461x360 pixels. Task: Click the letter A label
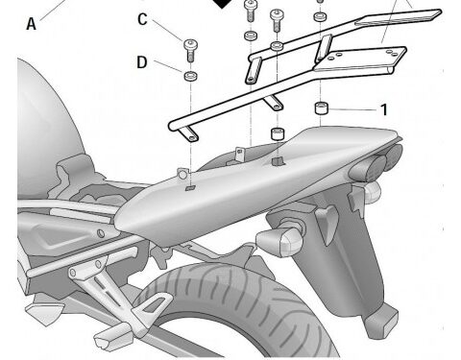[31, 24]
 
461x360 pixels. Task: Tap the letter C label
[142, 19]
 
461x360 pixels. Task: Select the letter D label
[142, 62]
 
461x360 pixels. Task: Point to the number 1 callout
[384, 109]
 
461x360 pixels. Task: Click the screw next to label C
[190, 50]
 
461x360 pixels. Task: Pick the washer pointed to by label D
[190, 76]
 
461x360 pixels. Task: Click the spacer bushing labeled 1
[322, 108]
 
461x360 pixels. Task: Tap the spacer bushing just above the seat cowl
[278, 133]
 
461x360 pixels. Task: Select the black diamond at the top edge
[222, 3]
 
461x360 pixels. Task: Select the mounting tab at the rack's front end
[190, 133]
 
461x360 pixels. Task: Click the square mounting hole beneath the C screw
[190, 187]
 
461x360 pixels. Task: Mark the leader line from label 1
[352, 109]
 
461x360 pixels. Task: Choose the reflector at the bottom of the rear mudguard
[382, 320]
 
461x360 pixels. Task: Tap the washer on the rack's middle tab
[278, 46]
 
